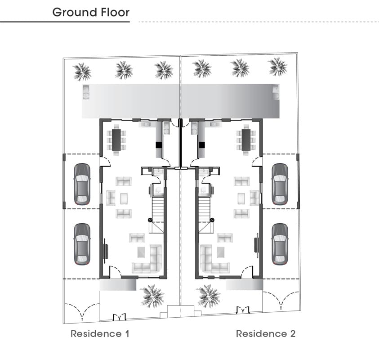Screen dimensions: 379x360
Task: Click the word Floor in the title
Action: click(x=115, y=12)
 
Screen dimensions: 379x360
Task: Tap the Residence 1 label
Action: click(x=100, y=333)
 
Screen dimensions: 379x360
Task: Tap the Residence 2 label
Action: click(x=266, y=333)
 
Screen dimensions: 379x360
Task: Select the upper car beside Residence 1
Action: click(x=82, y=184)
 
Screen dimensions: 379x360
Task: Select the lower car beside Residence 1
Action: click(x=82, y=244)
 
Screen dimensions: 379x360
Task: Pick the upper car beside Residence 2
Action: click(x=280, y=184)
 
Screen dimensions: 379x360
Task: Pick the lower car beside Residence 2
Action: click(x=280, y=244)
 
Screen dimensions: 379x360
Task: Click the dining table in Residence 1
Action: click(x=116, y=140)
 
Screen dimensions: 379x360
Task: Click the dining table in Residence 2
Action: click(x=246, y=140)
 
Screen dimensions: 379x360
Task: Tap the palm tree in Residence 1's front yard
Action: click(x=152, y=296)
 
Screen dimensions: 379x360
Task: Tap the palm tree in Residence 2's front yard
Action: click(x=208, y=296)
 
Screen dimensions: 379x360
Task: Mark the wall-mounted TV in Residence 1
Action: click(x=106, y=251)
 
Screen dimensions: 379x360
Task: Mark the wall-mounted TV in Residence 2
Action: click(x=256, y=245)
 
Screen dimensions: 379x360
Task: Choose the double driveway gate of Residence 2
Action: click(x=281, y=301)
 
